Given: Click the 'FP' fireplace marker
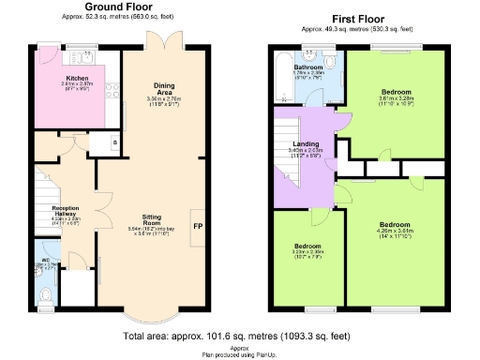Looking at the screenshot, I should [198, 226].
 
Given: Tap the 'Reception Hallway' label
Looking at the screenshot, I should [65, 210].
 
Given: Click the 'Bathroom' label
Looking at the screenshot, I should [308, 68].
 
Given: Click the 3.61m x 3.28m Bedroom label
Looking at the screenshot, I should [396, 93].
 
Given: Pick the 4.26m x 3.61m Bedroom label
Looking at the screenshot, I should [395, 226].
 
